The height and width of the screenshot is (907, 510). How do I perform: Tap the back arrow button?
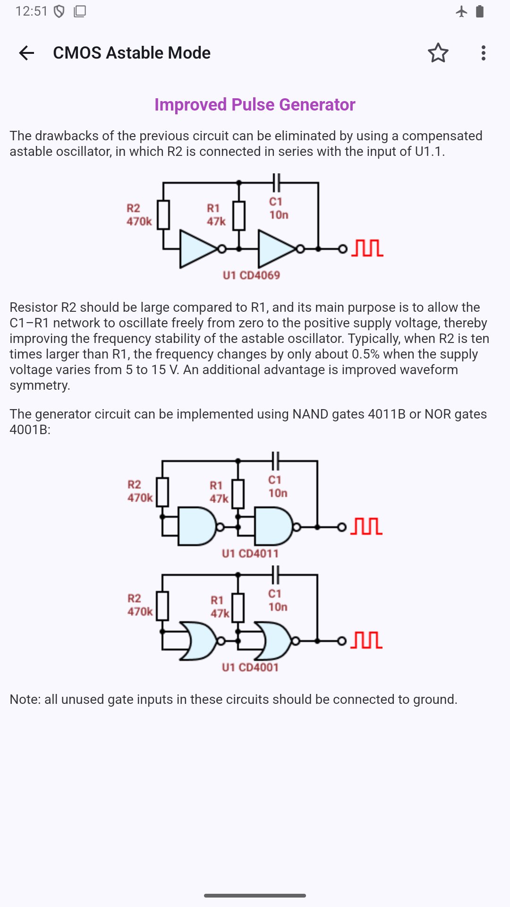27,53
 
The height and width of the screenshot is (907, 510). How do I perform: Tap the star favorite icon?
438,53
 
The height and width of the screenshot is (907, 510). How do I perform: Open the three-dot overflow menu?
483,53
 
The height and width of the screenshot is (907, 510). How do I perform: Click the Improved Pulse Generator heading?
255,104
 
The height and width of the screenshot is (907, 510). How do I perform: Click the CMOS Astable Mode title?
132,53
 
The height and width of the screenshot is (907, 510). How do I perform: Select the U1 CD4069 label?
251,275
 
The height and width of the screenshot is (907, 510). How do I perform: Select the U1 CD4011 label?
250,554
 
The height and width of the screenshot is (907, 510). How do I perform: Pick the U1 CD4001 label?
250,667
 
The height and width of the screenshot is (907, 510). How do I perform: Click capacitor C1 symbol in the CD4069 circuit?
277,182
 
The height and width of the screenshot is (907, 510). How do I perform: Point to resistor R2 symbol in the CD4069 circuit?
163,215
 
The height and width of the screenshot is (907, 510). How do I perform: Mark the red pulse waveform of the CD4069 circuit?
367,248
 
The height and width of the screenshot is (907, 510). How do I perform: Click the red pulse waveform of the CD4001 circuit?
366,640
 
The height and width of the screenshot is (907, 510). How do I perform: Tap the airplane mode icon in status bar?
461,11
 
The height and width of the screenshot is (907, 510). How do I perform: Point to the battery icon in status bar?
480,11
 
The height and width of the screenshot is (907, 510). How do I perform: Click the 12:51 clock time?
32,11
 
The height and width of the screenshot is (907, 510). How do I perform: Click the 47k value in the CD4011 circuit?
219,499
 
